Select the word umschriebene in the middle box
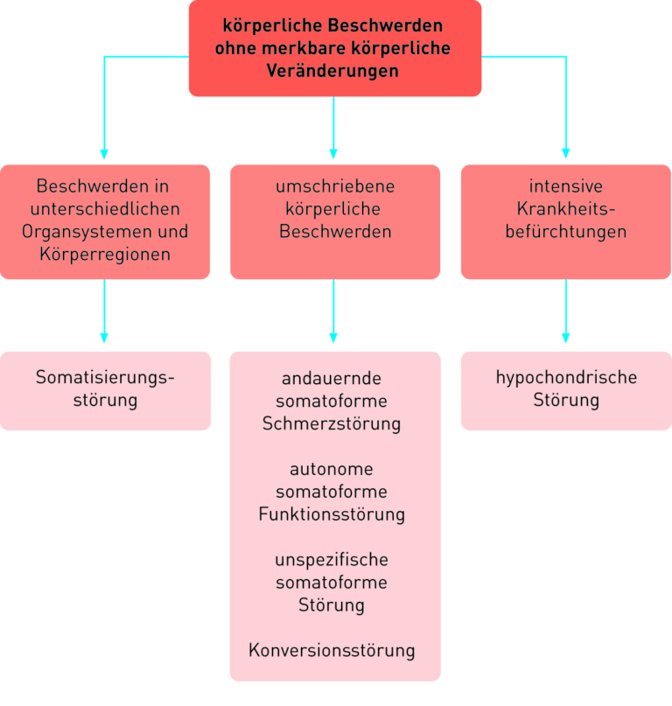pos(335,186)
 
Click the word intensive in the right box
pos(565,186)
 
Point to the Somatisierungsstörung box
pos(105,390)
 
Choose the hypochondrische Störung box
pos(566,390)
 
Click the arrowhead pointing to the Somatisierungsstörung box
pos(104,337)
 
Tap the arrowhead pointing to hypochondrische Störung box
pos(565,337)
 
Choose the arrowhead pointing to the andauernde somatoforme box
pos(333,337)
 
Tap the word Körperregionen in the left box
pos(105,255)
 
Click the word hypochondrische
pos(566,378)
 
